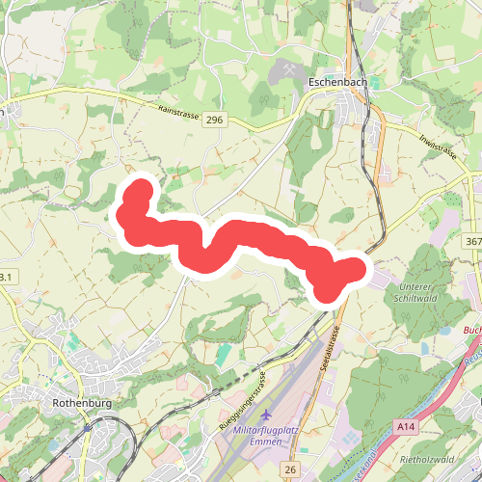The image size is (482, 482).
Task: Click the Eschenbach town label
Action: click(x=336, y=83)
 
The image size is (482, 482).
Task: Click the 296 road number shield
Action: click(x=214, y=120)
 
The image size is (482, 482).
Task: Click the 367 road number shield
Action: click(x=471, y=240)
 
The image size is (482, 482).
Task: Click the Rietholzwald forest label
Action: click(x=430, y=459)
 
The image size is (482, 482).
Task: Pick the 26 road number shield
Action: click(x=290, y=469)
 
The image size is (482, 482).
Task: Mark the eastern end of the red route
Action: click(x=359, y=269)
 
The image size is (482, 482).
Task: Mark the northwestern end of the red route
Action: click(x=141, y=187)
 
